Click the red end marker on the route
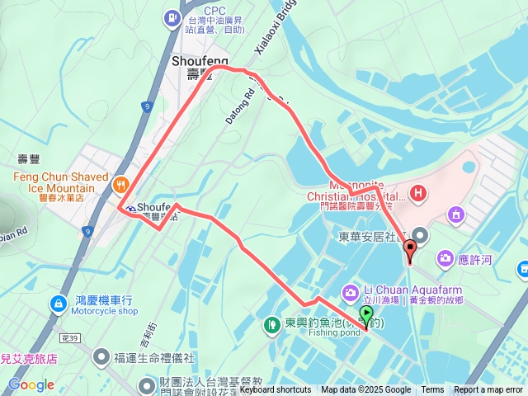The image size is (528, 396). [410, 248]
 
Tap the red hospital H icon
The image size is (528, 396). [419, 193]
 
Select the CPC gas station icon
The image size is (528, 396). [172, 15]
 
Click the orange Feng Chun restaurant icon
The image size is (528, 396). [121, 184]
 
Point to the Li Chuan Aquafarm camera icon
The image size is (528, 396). [351, 291]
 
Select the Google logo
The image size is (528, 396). [31, 384]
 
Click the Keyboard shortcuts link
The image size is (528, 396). [276, 390]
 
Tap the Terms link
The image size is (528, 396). [432, 390]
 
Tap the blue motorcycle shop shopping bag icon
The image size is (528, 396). [58, 304]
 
